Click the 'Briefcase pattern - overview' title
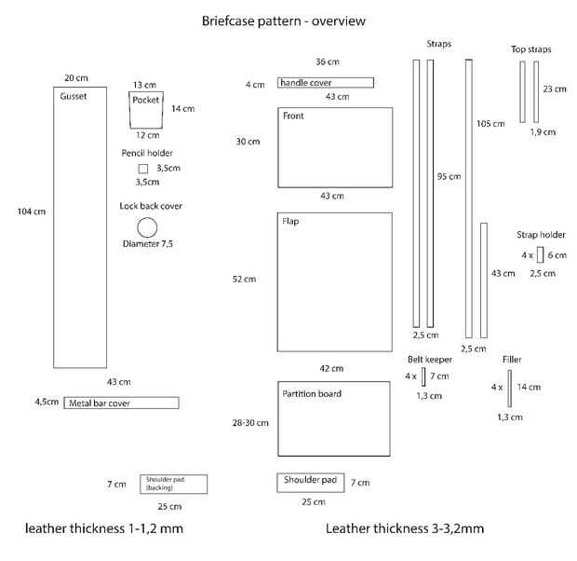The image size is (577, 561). [284, 21]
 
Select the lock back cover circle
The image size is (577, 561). [147, 218]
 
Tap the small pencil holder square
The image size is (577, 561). [143, 165]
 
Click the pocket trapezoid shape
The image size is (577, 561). [129, 110]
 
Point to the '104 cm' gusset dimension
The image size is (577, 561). [32, 212]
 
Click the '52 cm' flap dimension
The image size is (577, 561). [245, 279]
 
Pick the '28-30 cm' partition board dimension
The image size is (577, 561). [250, 423]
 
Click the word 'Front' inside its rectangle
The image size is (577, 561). [293, 116]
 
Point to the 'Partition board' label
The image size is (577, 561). [312, 393]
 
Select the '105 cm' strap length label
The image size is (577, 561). [490, 124]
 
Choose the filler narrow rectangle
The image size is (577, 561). [510, 389]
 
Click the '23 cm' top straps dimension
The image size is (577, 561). [555, 89]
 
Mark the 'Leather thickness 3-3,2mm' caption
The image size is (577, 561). [405, 528]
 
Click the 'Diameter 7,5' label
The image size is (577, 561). [148, 243]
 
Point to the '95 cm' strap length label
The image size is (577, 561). [449, 176]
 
